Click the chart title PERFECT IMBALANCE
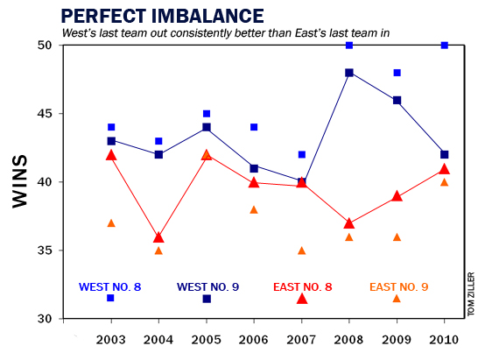[162, 16]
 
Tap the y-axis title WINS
[24, 181]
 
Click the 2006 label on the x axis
[254, 339]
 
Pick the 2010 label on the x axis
[444, 339]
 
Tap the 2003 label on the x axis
[111, 339]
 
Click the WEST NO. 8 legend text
[111, 286]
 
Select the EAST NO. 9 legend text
[398, 286]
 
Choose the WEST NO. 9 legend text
[207, 286]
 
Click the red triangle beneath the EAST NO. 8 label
[302, 299]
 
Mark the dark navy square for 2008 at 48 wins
[349, 73]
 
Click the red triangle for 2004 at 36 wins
[158, 236]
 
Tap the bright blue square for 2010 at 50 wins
[444, 46]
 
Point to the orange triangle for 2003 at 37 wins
[111, 222]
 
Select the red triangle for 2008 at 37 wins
[349, 222]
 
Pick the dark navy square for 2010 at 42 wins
[444, 154]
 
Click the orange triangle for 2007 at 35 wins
[302, 251]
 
